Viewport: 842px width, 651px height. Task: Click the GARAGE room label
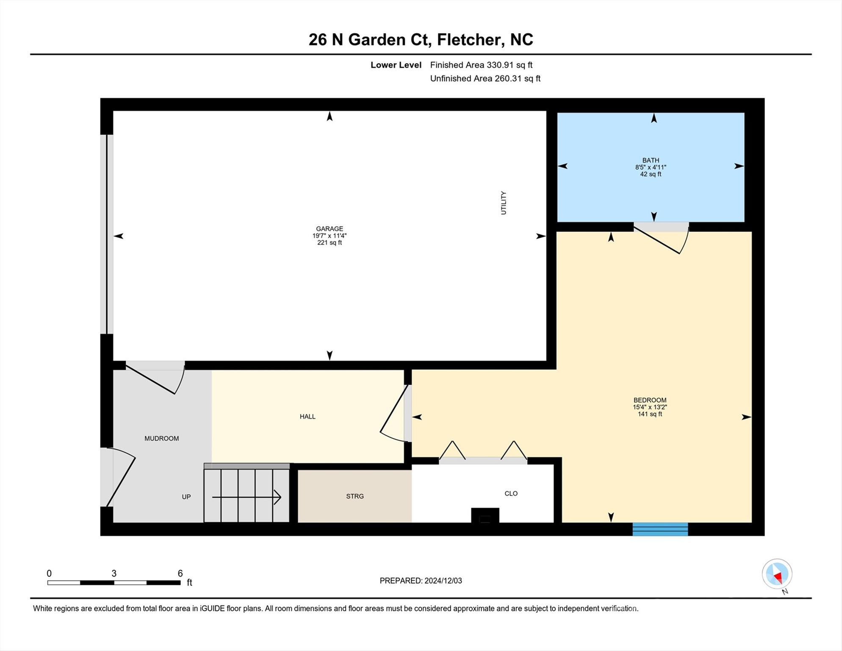(x=330, y=229)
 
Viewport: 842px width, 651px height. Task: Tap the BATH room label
(x=651, y=160)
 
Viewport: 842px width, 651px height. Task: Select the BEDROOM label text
(x=650, y=400)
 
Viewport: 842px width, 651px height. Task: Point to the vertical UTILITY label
(x=504, y=203)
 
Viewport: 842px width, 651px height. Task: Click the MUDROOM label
(x=161, y=439)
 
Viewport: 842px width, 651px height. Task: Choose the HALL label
(x=307, y=417)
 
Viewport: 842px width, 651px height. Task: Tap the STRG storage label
(x=355, y=496)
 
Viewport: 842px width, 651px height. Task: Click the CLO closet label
(x=511, y=493)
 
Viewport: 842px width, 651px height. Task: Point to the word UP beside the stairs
(x=186, y=497)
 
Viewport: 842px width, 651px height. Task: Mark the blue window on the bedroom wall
(x=660, y=529)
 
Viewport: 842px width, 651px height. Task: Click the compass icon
(x=777, y=574)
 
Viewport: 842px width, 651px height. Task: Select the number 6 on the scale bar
(x=180, y=573)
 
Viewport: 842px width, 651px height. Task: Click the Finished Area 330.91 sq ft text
(x=481, y=65)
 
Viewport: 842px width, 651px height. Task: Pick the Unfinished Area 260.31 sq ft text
(x=485, y=78)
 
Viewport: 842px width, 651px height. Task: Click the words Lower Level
(x=396, y=65)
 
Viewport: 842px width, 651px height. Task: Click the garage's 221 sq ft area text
(x=330, y=243)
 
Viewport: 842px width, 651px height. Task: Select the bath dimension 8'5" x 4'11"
(x=651, y=167)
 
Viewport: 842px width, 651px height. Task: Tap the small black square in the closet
(x=485, y=515)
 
